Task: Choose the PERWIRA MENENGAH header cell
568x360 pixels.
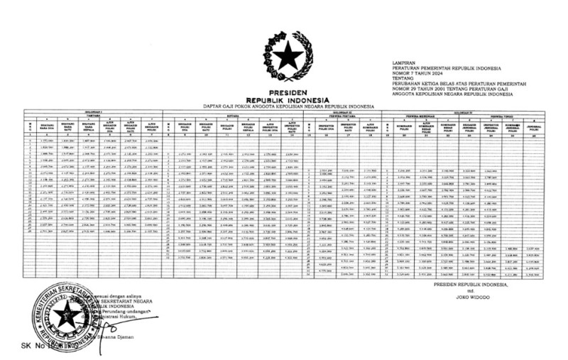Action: (x=411, y=115)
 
